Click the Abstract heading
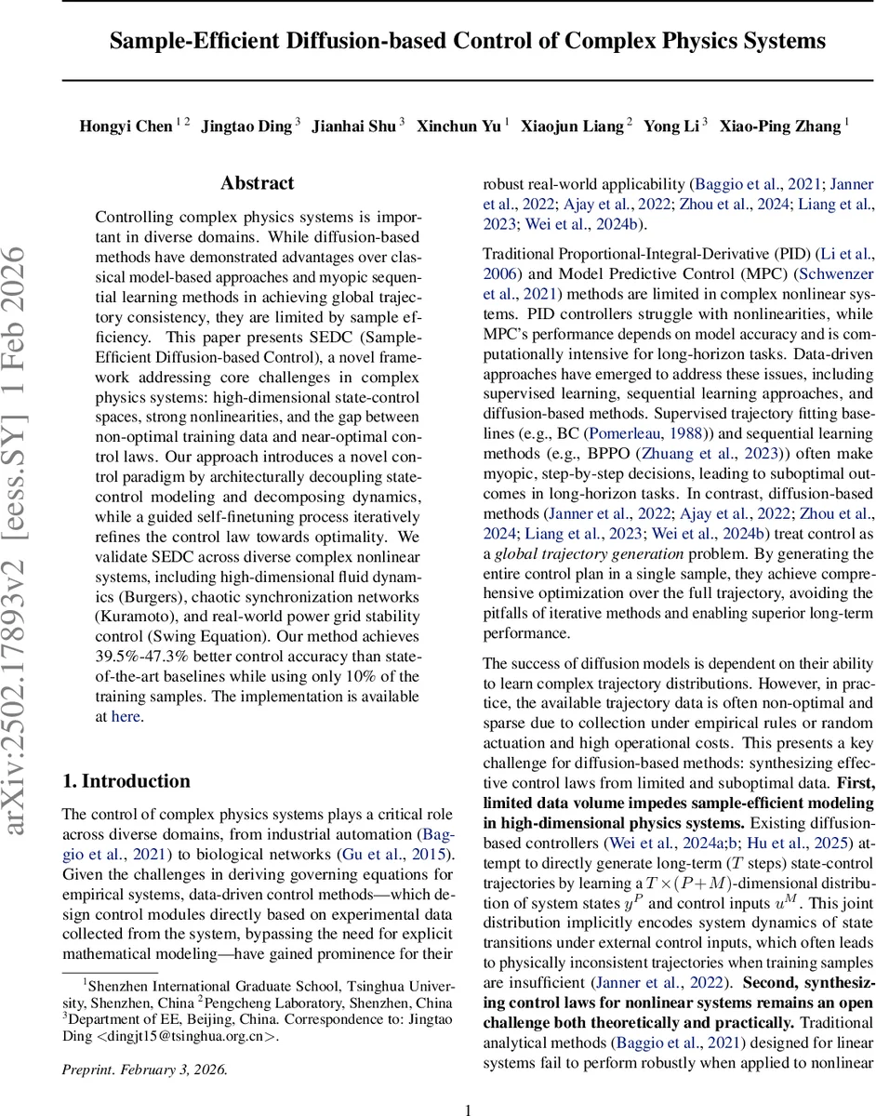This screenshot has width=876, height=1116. click(x=258, y=183)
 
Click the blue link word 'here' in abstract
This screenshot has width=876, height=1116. click(x=126, y=716)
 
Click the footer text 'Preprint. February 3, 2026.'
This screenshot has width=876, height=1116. click(x=144, y=1069)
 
